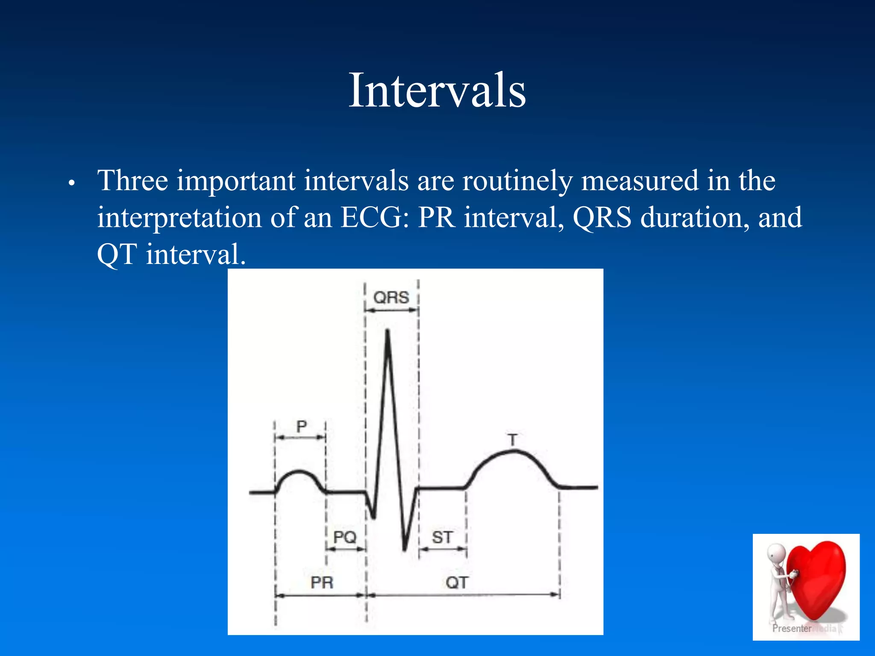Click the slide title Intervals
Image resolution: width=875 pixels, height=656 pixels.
pyautogui.click(x=437, y=91)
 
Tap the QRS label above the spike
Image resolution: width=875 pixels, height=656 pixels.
pyautogui.click(x=391, y=297)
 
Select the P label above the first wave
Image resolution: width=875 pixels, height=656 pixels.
pyautogui.click(x=302, y=426)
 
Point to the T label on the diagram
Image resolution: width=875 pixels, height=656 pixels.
pyautogui.click(x=513, y=440)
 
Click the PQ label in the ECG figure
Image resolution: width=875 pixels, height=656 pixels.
pyautogui.click(x=345, y=537)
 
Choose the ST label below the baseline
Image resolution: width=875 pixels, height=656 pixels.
pyautogui.click(x=442, y=537)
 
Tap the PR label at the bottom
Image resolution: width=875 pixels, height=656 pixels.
pyautogui.click(x=322, y=583)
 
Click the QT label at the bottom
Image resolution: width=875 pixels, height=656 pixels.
pyautogui.click(x=457, y=583)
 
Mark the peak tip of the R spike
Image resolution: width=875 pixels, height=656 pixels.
pyautogui.click(x=388, y=331)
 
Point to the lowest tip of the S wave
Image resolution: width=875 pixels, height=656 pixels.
pyautogui.click(x=405, y=550)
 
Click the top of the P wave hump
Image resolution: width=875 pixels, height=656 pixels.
pyautogui.click(x=299, y=471)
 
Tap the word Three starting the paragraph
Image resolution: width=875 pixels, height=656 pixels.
pyautogui.click(x=132, y=181)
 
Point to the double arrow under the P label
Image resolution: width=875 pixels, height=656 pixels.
pyautogui.click(x=300, y=437)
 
